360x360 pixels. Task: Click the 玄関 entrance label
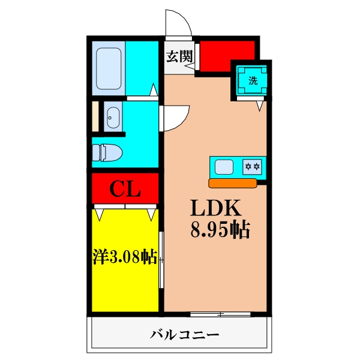178,57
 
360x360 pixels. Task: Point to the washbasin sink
112,116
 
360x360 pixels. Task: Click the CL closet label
125,190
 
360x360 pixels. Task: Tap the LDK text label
216,208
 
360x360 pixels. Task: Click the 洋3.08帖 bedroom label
125,257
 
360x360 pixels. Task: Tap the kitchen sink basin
224,166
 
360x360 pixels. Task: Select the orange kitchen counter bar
233,182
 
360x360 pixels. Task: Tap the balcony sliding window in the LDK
220,314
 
